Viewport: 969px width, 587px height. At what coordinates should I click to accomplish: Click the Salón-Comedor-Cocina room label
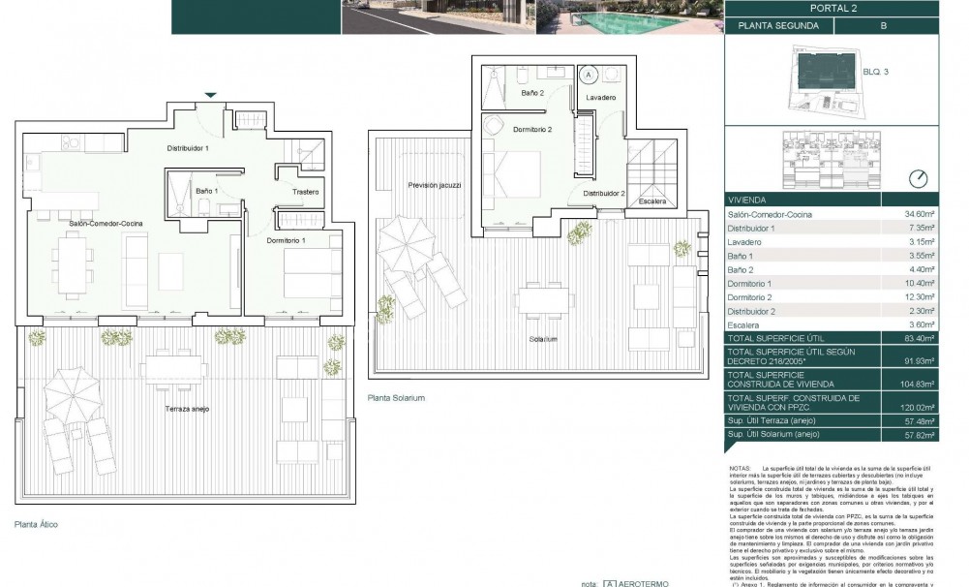pos(106,224)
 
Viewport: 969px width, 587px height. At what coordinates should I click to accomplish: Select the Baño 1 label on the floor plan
pos(206,192)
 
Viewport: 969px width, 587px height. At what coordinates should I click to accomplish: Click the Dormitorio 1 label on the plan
pos(286,239)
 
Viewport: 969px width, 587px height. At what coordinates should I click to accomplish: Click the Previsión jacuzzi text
pos(435,184)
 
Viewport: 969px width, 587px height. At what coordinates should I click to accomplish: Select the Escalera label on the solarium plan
pos(652,201)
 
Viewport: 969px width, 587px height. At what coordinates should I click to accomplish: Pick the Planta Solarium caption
pos(396,398)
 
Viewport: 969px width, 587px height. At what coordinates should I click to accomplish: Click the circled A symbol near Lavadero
pos(588,74)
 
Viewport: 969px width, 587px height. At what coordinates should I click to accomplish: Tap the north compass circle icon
pos(919,179)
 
